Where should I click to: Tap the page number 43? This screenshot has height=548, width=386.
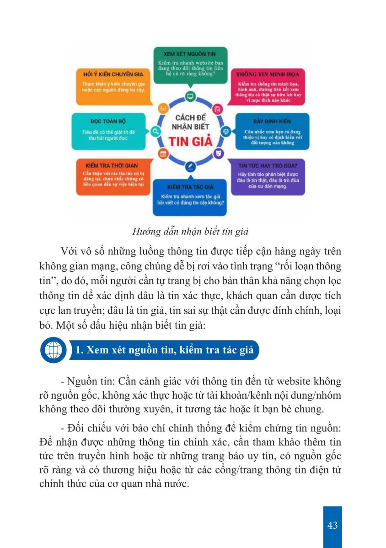tap(332, 525)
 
